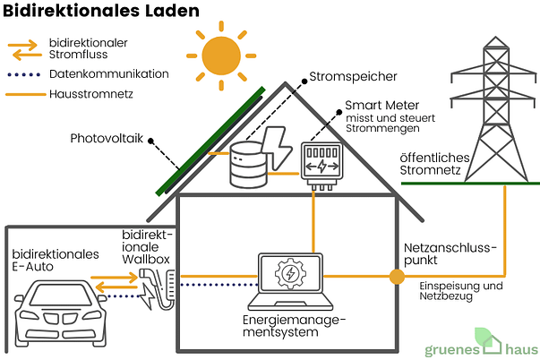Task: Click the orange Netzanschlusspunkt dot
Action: [x=397, y=277]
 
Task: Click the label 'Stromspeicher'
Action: [x=353, y=77]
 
